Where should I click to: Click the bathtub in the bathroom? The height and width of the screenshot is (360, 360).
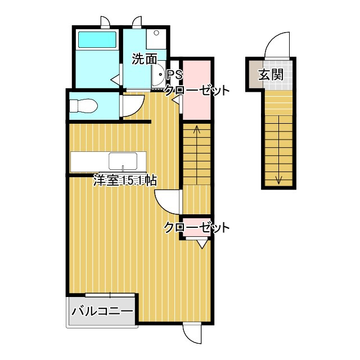click(97, 40)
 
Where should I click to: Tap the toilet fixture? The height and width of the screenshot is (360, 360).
click(84, 106)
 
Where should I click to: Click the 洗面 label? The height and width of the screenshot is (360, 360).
click(145, 59)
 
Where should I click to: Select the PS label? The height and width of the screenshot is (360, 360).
click(175, 75)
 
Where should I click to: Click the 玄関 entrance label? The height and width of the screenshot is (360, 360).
click(271, 74)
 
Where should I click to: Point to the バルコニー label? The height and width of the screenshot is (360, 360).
click(102, 311)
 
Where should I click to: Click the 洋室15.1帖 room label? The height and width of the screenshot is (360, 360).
click(125, 180)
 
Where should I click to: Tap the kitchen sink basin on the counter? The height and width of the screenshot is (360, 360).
click(123, 161)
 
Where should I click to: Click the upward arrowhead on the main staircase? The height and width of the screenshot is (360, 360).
click(197, 129)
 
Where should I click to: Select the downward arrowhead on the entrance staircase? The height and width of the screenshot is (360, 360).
click(279, 180)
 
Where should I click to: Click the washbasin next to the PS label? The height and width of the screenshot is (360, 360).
click(159, 74)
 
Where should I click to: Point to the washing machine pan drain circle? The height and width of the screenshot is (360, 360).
click(156, 33)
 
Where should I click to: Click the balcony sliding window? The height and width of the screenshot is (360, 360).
click(110, 295)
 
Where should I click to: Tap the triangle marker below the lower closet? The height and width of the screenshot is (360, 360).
click(202, 244)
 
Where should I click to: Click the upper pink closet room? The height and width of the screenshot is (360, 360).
click(197, 90)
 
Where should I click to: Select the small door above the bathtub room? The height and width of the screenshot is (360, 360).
click(105, 22)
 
